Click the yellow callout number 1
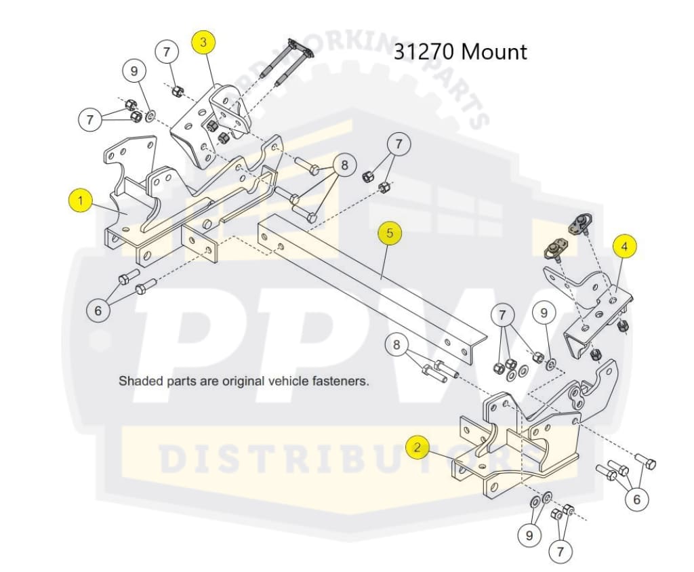81,201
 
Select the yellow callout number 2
417,447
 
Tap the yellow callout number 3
203,42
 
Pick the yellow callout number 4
625,247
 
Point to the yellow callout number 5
390,233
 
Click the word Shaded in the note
139,381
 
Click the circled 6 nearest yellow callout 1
98,310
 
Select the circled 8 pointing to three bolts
344,165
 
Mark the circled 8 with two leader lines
397,345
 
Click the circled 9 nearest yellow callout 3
134,70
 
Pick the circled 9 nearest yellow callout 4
544,313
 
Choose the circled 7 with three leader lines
502,315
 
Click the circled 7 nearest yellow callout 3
167,52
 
